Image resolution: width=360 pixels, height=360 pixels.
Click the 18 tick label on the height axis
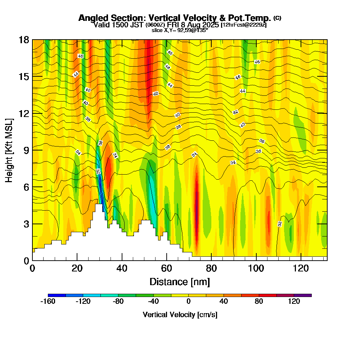pyautogui.click(x=24, y=40)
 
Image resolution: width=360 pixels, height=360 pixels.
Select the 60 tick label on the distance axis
pyautogui.click(x=167, y=268)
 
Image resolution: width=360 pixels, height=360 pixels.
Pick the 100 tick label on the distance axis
pyautogui.click(x=256, y=268)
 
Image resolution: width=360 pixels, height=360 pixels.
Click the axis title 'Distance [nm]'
pyautogui.click(x=179, y=282)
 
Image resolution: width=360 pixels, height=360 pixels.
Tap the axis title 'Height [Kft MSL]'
pyautogui.click(x=9, y=150)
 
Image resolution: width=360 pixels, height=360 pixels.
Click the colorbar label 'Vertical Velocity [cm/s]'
pyautogui.click(x=180, y=315)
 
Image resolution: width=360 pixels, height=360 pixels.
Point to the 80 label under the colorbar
pyautogui.click(x=259, y=302)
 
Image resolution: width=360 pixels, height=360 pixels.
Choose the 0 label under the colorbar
pyautogui.click(x=189, y=302)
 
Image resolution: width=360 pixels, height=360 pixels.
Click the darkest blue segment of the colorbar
pyautogui.click(x=57, y=295)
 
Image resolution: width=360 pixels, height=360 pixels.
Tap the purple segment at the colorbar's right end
pyautogui.click(x=303, y=295)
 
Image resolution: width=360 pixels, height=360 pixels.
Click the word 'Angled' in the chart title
pyautogui.click(x=91, y=18)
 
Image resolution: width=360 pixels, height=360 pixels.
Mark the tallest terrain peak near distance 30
pyautogui.click(x=99, y=204)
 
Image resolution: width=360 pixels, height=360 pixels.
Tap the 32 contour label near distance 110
pyautogui.click(x=280, y=224)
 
